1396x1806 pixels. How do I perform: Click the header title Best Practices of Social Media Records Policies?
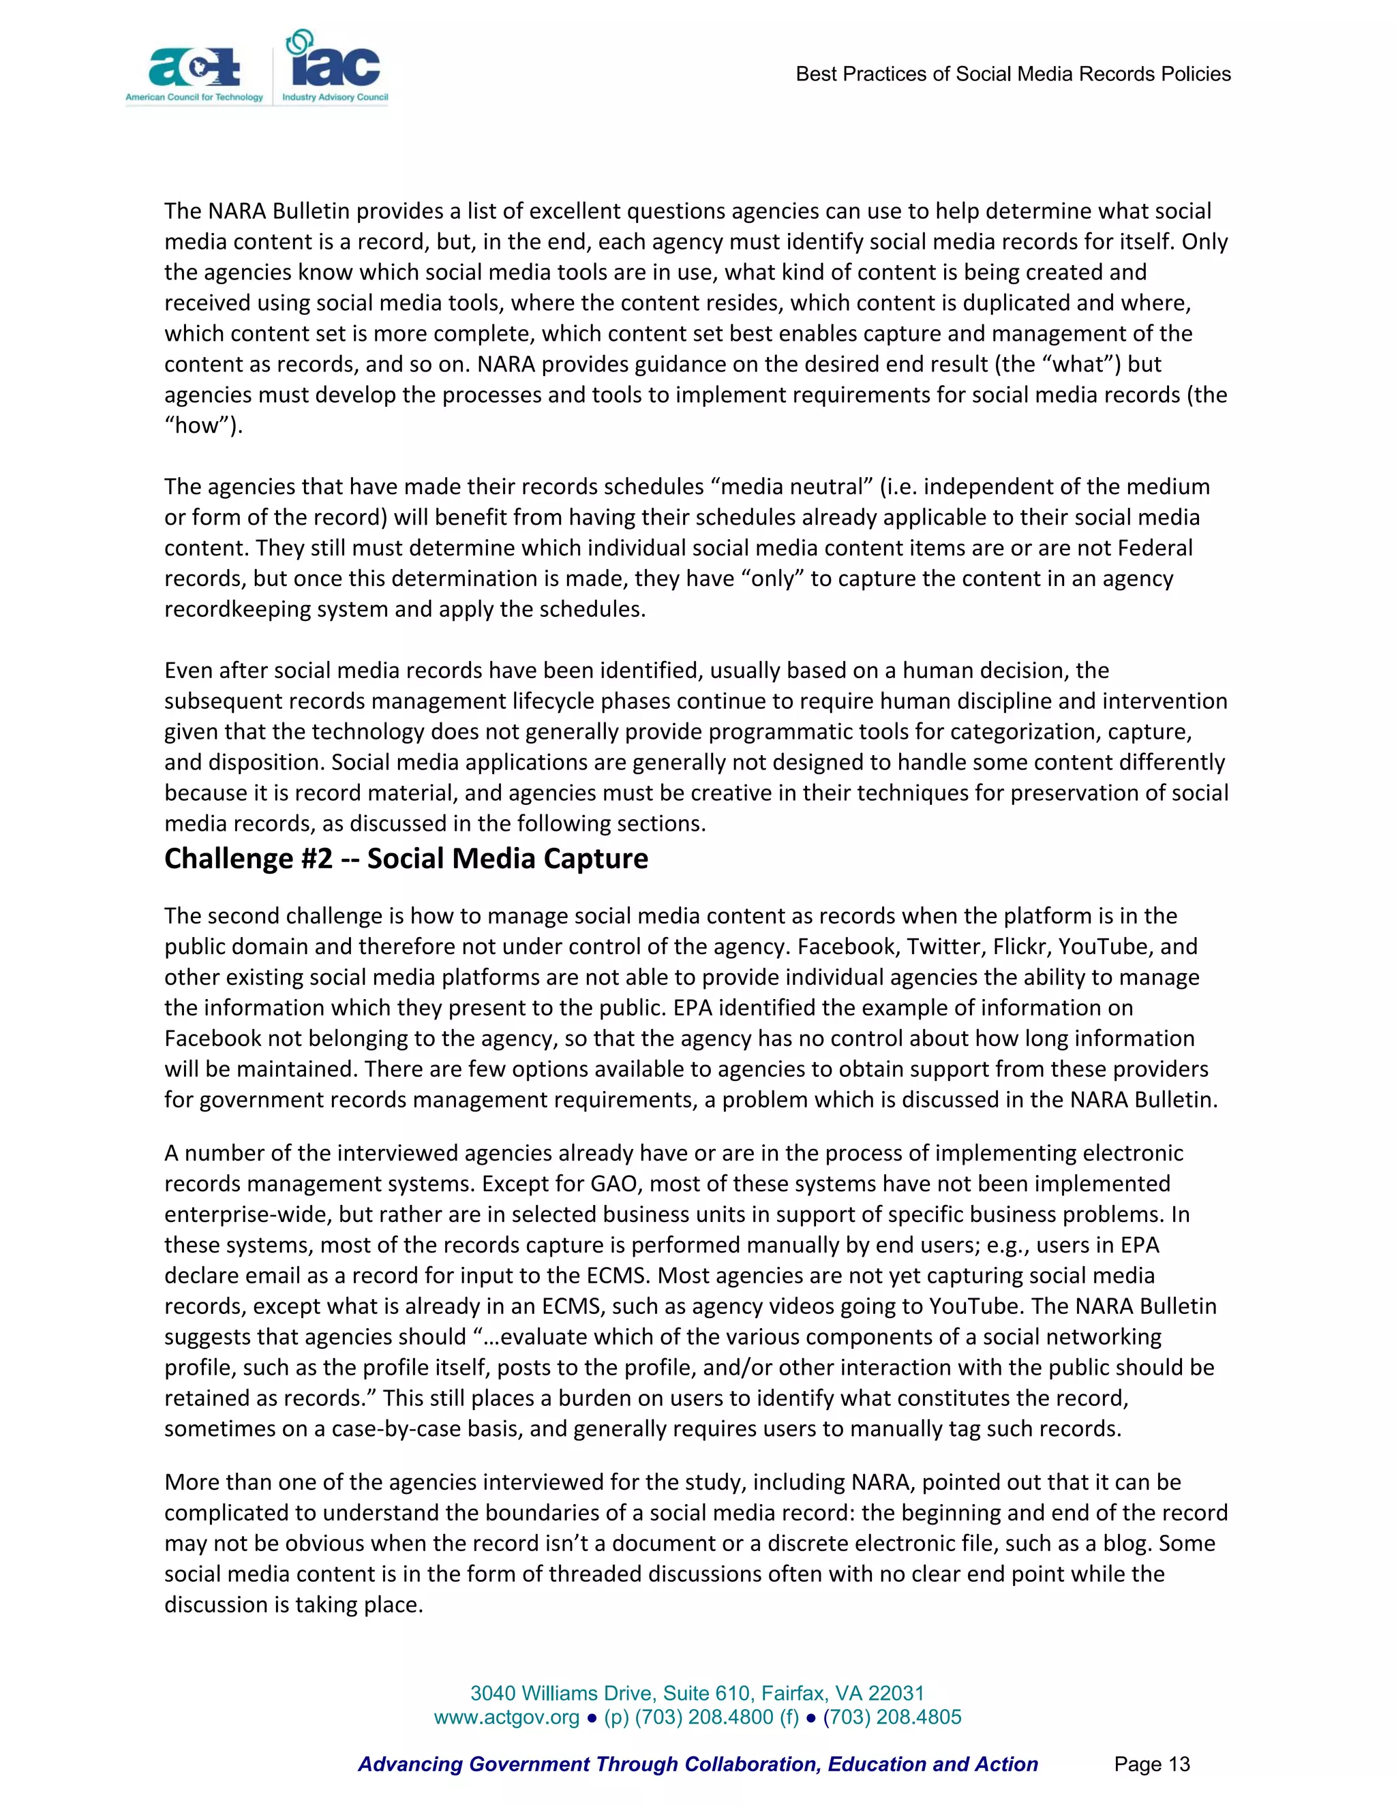[1012, 74]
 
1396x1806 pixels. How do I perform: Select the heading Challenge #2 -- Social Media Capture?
[406, 858]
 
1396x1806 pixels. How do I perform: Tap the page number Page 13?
[1151, 1764]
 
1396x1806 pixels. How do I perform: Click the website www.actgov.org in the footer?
[506, 1717]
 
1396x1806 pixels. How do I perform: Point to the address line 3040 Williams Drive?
[697, 1693]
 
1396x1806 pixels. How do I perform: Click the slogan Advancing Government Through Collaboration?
[697, 1764]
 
